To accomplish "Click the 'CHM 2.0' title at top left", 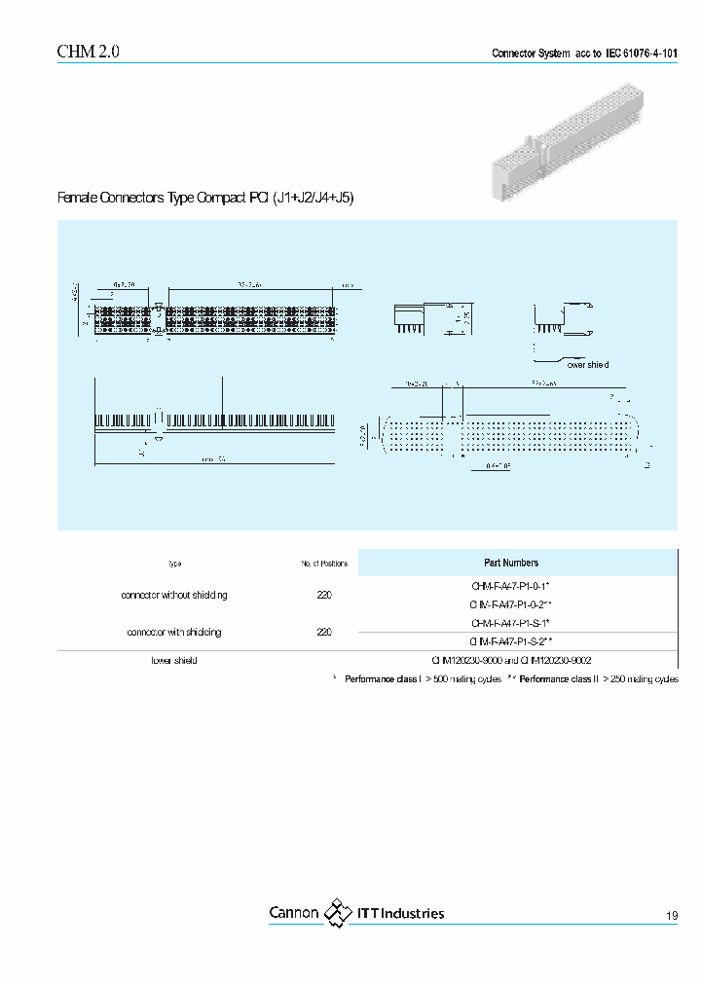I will click(x=89, y=53).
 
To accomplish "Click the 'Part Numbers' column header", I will click(x=511, y=563).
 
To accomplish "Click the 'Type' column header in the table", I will click(x=174, y=564).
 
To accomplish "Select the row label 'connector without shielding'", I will click(x=174, y=595).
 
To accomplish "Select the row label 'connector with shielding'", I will click(x=174, y=632).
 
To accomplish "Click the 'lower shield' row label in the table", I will click(x=174, y=660).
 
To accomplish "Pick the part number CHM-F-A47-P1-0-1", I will click(x=511, y=586).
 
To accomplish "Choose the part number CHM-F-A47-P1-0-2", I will click(x=511, y=604).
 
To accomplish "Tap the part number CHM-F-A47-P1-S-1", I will click(x=511, y=623).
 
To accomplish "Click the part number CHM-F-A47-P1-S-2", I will click(x=511, y=641).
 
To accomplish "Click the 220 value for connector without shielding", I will click(x=324, y=595).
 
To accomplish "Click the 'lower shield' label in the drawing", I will click(x=588, y=364).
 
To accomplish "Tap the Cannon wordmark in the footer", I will click(x=293, y=913).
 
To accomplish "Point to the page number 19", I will click(x=672, y=916).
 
